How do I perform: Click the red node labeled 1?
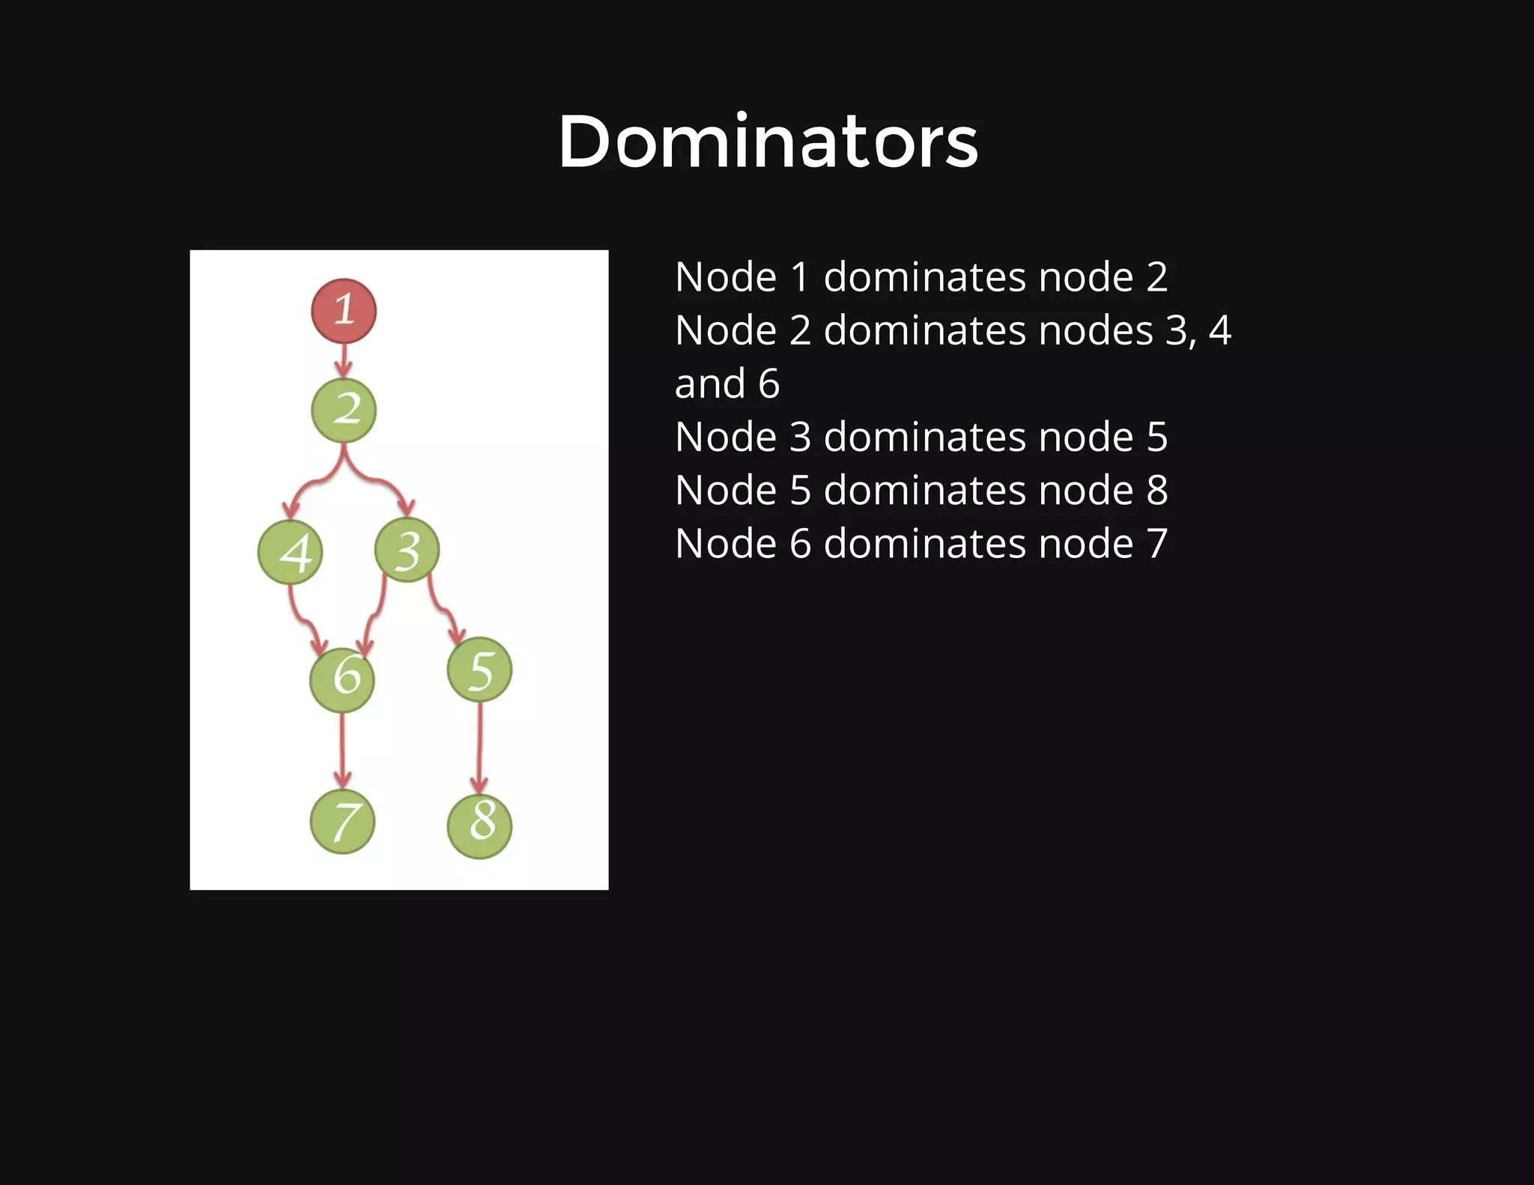(x=344, y=310)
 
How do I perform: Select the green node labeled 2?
(x=344, y=410)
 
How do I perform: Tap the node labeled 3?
(x=407, y=550)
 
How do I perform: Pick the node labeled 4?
(x=291, y=552)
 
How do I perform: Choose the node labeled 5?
(x=479, y=670)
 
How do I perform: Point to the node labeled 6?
(x=342, y=679)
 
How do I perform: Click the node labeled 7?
(x=342, y=822)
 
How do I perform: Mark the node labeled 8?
(x=479, y=825)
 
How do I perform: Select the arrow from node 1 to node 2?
(x=344, y=360)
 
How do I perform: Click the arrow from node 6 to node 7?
(x=342, y=749)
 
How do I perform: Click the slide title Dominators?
(x=768, y=142)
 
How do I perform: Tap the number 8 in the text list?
(x=1156, y=491)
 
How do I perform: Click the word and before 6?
(x=709, y=384)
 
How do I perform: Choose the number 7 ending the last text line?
(x=1156, y=544)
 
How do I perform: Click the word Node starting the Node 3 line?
(x=726, y=437)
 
